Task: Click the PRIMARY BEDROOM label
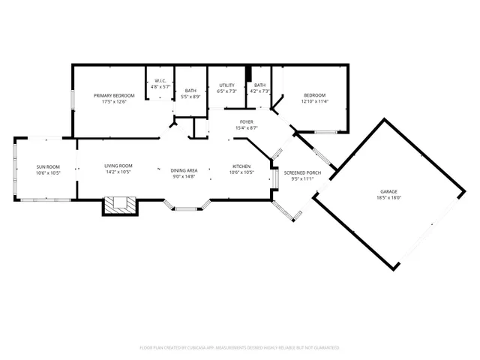[x=114, y=95]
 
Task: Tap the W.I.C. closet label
[x=160, y=81]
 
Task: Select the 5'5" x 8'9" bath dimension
[x=190, y=97]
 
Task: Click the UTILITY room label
[x=226, y=85]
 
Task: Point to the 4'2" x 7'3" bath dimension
[x=259, y=91]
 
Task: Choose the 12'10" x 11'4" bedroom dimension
[x=314, y=101]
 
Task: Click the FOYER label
[x=246, y=121]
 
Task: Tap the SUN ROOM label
[x=48, y=166]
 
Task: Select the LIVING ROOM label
[x=118, y=166]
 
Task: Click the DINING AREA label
[x=184, y=170]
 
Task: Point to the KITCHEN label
[x=241, y=166]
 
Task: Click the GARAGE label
[x=388, y=192]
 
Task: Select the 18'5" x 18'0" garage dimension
[x=388, y=198]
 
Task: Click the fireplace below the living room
[x=119, y=204]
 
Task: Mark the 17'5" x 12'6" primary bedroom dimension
[x=114, y=102]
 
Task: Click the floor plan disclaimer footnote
[x=239, y=348]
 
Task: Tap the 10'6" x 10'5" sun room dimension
[x=48, y=172]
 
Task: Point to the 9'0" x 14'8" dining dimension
[x=184, y=176]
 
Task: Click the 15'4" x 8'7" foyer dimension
[x=246, y=128]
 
